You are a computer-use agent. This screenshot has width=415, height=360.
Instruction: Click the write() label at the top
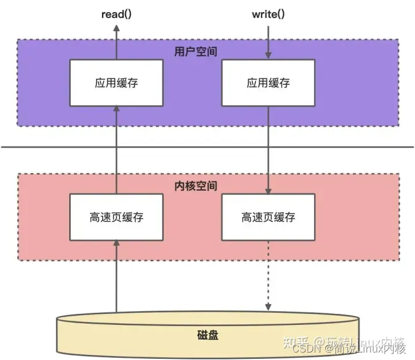pos(269,13)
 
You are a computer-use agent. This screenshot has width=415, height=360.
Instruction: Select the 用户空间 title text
pos(192,51)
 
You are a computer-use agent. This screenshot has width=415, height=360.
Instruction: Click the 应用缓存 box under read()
pos(116,82)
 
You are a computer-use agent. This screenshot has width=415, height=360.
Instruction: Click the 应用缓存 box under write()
pos(269,82)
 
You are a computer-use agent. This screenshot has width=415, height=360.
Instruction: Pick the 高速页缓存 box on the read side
pos(116,217)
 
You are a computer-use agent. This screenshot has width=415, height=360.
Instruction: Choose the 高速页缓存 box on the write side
pos(269,217)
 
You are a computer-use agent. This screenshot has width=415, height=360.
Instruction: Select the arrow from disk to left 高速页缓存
pos(116,276)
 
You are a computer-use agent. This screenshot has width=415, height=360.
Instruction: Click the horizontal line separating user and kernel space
pos(207,147)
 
